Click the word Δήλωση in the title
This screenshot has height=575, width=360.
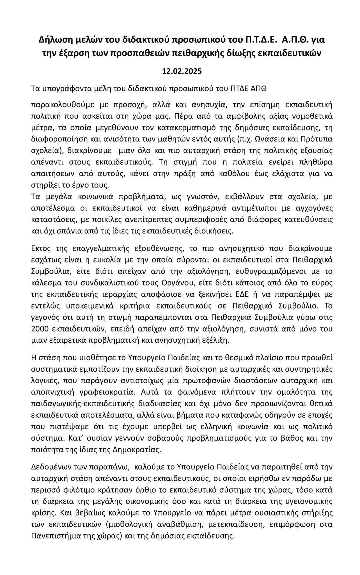(53, 40)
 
